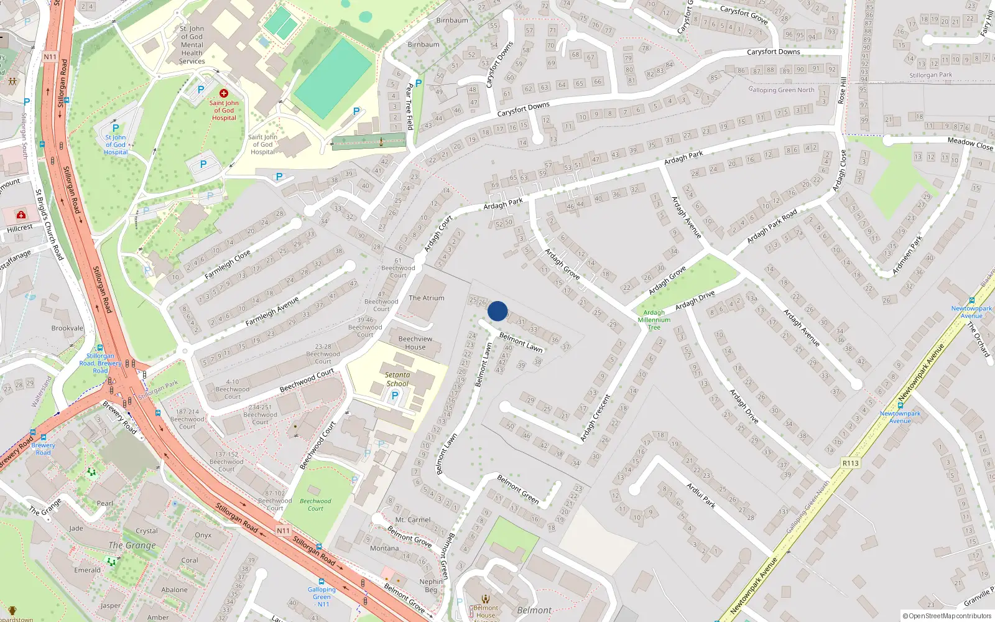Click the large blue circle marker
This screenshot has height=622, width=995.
pos(497,311)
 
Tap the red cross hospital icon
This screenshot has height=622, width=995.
pos(224,93)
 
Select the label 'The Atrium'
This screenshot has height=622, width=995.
pos(427,298)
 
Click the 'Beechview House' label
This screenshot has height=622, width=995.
pos(415,343)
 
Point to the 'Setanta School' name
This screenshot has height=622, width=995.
pos(397,379)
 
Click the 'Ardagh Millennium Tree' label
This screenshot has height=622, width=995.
pos(654,320)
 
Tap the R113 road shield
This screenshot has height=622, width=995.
pos(850,463)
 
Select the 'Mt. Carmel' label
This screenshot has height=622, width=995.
pos(413,520)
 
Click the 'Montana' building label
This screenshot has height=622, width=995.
pos(384,548)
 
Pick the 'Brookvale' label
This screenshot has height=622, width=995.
pos(67,328)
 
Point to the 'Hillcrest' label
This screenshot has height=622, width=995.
pos(20,228)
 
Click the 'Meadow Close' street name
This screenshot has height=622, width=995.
pos(970,144)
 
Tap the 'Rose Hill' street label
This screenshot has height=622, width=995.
pos(843,90)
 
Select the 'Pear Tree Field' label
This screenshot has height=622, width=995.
pos(409,106)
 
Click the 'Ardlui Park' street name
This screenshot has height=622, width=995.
pos(701,495)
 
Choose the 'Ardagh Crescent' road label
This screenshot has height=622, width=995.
pos(596,419)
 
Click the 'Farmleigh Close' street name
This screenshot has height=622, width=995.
pos(228,264)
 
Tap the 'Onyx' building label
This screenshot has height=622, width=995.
pos(203,535)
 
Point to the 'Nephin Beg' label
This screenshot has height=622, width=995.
pos(431,585)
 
